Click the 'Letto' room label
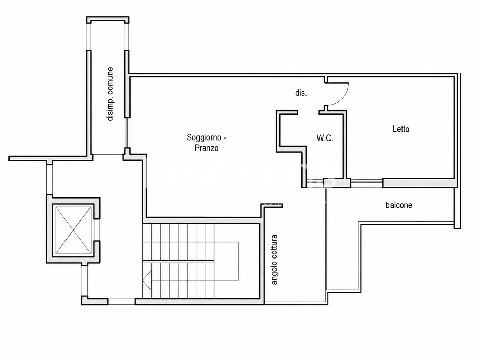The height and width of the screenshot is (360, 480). point(401,129)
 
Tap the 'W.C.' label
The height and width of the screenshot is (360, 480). point(325,138)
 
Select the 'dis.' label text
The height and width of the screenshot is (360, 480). point(301,93)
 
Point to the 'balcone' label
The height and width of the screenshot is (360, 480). point(399,205)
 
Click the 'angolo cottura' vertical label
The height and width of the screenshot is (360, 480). point(274,260)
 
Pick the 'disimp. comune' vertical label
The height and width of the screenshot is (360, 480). point(110,94)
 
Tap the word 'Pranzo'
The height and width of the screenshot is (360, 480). point(206,148)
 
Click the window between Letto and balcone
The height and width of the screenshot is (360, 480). point(367,183)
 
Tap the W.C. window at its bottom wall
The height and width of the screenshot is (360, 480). point(315,183)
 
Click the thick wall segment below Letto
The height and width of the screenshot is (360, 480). point(420,183)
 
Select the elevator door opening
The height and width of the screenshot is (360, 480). point(97,230)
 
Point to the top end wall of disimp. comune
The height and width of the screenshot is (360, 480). point(108,20)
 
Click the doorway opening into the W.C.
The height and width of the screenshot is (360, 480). point(308,112)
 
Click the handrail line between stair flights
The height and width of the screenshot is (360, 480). point(178,261)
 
